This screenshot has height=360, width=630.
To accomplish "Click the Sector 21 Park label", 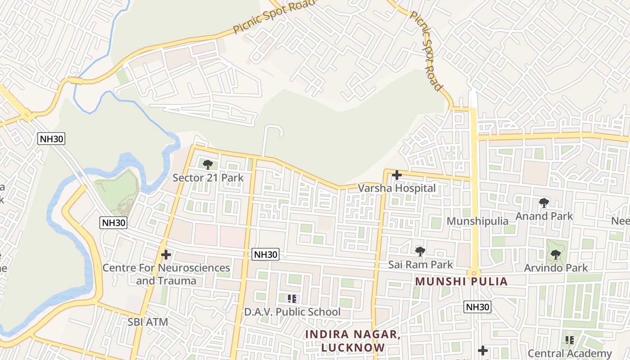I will tap(208, 178).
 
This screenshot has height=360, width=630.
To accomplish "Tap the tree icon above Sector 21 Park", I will tap(207, 165).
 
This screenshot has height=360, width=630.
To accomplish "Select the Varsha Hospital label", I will tap(396, 188).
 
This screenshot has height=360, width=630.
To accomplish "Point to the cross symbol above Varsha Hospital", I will tap(396, 175).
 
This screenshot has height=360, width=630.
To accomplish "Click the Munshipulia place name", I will tap(477, 221).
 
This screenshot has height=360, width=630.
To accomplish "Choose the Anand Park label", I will tap(544, 216).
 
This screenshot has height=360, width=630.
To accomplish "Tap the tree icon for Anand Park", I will tap(544, 203).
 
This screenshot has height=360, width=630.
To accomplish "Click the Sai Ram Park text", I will tap(420, 264).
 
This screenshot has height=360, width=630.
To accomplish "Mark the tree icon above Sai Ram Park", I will tap(420, 251).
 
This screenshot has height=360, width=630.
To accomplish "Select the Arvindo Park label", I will tap(556, 268).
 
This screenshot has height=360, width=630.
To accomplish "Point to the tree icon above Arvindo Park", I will tap(556, 255).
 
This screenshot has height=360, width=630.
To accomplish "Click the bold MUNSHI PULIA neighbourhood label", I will tap(461, 282).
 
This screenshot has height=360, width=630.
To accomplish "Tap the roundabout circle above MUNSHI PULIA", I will tap(474, 273).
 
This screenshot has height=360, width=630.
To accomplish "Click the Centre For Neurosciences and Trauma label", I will tap(166, 274).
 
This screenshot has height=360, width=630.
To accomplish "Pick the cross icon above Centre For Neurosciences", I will tap(166, 255).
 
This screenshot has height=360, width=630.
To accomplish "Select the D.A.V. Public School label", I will tap(292, 311).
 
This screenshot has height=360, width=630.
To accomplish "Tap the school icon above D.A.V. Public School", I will tap(292, 298).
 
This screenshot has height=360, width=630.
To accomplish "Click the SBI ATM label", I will tap(148, 322).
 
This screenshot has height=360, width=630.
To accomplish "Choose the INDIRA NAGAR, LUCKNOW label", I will tap(353, 341).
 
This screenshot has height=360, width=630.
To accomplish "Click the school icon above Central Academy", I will tap(570, 340).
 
